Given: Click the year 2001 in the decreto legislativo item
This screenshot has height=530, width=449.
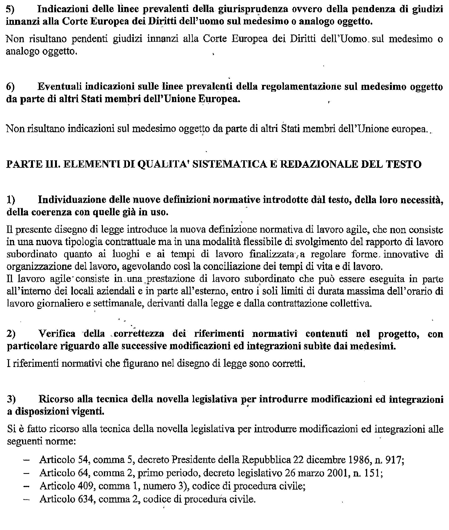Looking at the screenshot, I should point(337,473).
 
